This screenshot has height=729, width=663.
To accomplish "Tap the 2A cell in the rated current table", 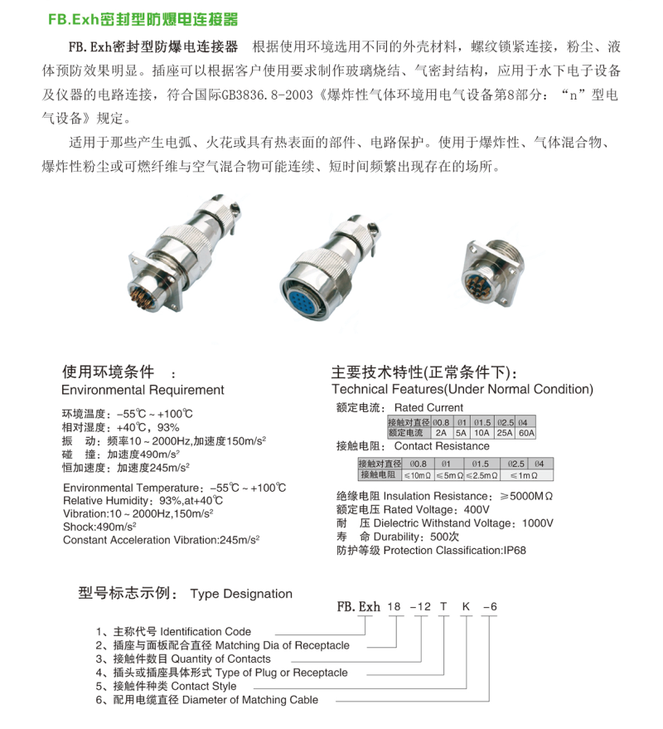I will coord(439,433).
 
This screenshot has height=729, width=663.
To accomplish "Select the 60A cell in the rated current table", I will coord(526,433).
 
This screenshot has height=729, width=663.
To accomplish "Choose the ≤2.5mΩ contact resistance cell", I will coord(482,475).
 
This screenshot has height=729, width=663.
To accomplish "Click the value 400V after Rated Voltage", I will coord(478,508).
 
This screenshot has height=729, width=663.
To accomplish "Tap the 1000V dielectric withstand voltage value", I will coord(538,523).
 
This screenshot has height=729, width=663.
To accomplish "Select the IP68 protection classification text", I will coord(514,550).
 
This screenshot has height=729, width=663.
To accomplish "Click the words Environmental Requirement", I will coord(143,390).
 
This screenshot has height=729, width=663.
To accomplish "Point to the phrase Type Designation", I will coord(241,594).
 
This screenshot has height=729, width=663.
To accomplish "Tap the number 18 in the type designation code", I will coord(394,607).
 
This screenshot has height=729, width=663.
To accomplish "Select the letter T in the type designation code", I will coord(444,607).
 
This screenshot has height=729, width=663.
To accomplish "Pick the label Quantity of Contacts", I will coord(220,659).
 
